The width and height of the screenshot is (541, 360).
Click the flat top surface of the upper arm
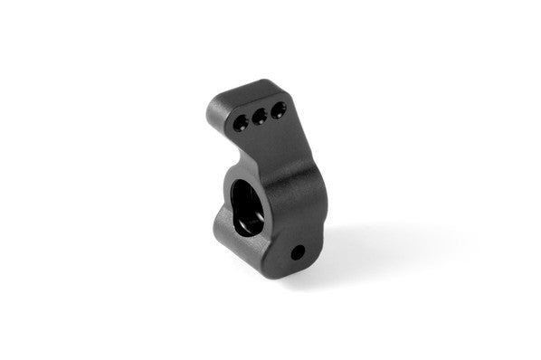[x=244, y=90]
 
